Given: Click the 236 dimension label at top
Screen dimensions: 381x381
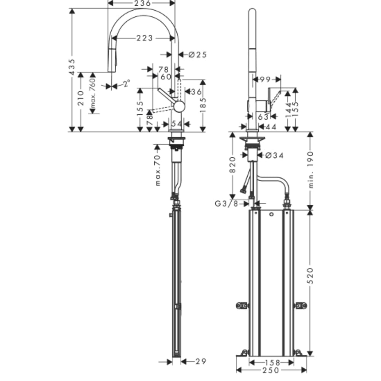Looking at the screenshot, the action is tap(142, 3).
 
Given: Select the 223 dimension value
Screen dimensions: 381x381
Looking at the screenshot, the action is tap(144, 38).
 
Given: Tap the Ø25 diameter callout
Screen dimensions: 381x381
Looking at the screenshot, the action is tap(197, 54).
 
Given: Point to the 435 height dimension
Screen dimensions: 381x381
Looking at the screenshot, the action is tap(72, 67).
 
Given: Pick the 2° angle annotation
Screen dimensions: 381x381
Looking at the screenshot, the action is tap(126, 84).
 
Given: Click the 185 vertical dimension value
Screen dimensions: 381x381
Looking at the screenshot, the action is tap(203, 105).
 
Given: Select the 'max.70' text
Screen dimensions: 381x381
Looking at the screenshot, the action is tap(158, 170).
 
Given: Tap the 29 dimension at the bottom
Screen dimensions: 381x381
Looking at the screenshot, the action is tap(201, 362).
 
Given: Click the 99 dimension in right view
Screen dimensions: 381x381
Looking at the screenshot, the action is tap(265, 80).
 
